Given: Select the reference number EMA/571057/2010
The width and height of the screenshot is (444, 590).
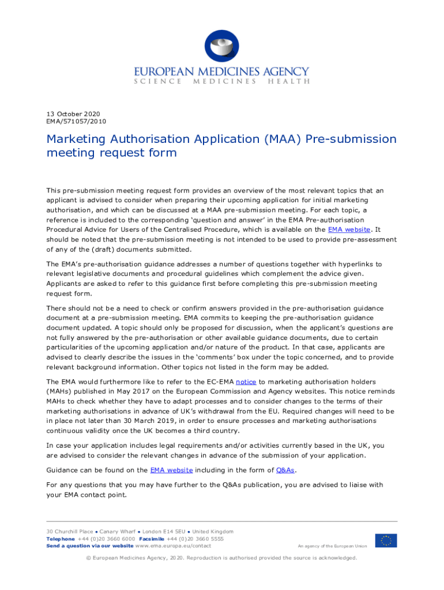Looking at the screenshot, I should coord(76,122).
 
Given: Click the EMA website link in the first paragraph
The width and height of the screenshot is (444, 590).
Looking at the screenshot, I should coord(349,229).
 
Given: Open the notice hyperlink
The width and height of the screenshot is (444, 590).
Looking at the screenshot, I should coord(246,382).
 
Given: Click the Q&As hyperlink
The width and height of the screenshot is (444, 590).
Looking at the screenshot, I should coord(285,470).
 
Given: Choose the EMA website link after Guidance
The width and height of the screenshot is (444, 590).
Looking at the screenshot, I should coord(171,470).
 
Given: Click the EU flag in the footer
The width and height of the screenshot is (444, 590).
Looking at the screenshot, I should coord(386,540).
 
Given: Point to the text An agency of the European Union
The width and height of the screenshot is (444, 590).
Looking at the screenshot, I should coord(332,546).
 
